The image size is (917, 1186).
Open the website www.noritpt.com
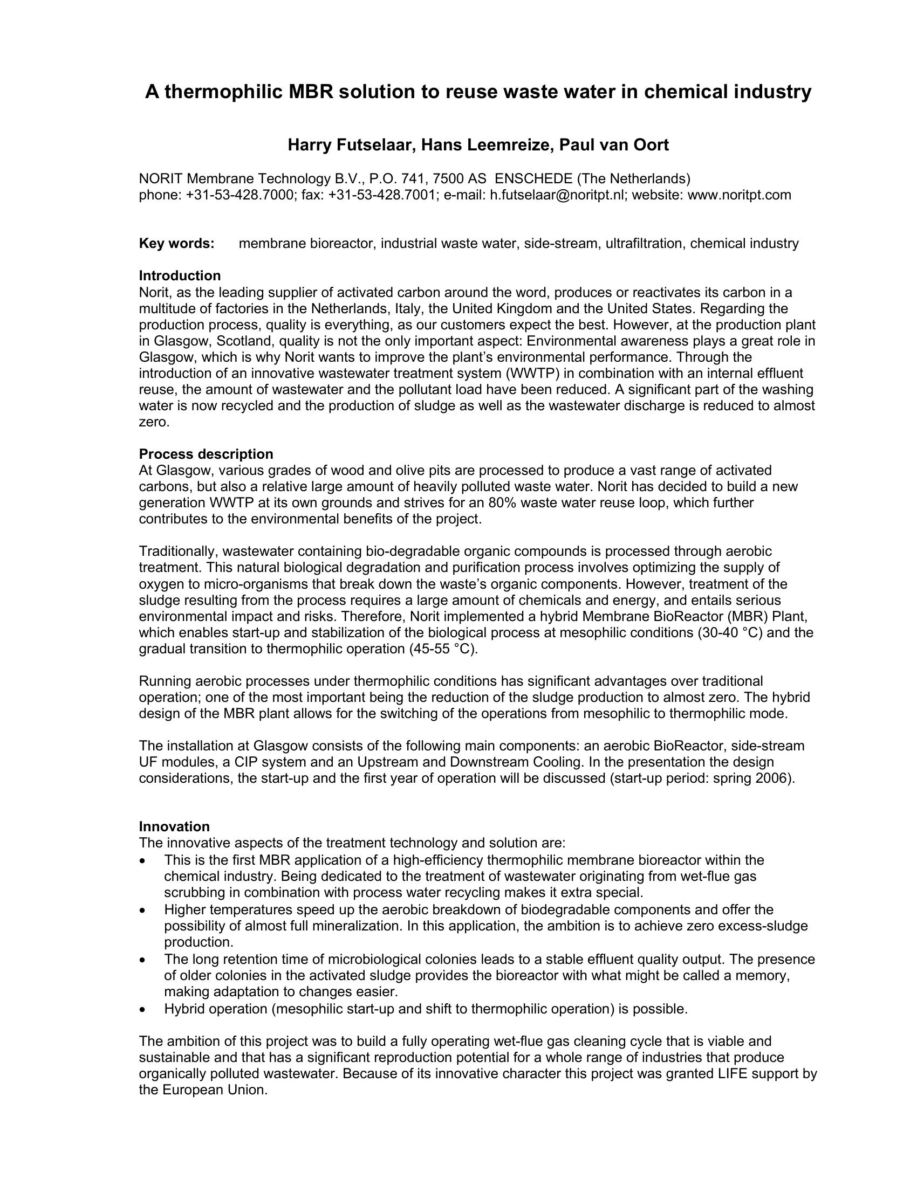point(740,195)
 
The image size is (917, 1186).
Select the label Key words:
point(176,243)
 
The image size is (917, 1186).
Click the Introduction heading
point(180,275)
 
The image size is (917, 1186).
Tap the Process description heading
point(206,453)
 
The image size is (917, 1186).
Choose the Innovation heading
point(174,826)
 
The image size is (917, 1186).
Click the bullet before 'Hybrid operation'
point(142,1010)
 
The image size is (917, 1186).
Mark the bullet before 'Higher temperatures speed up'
point(142,910)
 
